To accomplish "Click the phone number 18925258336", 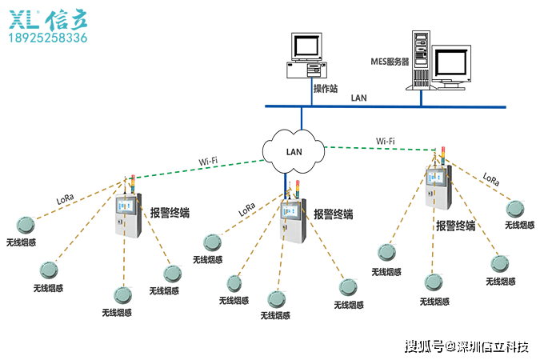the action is (48, 38).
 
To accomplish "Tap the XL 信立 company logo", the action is (48, 21).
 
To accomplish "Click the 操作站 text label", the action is (326, 89).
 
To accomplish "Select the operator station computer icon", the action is (306, 55).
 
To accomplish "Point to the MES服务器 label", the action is (390, 62).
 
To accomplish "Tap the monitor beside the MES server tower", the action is (451, 67).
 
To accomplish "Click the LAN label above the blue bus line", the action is (359, 98).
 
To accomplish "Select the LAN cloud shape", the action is (294, 151).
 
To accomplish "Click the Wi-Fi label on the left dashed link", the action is (208, 162).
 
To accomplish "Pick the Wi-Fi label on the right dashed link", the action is (386, 142).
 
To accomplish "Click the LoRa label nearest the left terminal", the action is (65, 199).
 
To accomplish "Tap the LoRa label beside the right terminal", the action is (490, 179).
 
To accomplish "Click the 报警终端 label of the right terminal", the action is (456, 226).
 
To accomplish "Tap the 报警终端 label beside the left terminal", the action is (170, 213).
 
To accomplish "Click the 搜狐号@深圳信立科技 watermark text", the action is (466, 346).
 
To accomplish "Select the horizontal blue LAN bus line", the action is (386, 106).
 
